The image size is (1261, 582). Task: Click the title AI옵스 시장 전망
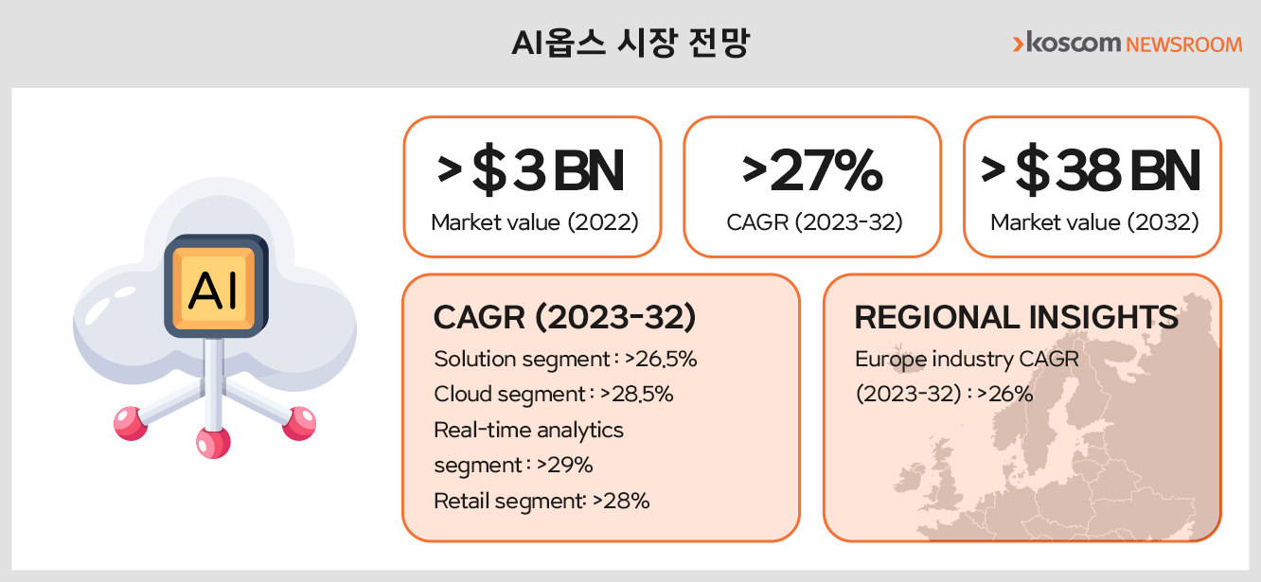coord(630,43)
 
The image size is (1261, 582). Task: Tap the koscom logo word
coord(1074,43)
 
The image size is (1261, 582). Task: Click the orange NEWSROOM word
coord(1184,44)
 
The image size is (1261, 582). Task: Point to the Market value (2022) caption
coord(535,222)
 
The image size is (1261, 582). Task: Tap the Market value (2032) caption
coord(1094,222)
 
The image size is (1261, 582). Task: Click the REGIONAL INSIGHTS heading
coord(1016,317)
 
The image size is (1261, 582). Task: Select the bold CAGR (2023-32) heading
coord(564,317)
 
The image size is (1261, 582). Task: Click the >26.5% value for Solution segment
coord(661,359)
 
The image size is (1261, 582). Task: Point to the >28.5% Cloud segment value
coord(636,394)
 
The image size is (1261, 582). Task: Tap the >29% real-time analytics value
coord(564,465)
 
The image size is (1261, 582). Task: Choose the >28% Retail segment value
coord(621,501)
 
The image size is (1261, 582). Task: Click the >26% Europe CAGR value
coord(1004,394)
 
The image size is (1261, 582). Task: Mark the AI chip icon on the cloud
coord(216,286)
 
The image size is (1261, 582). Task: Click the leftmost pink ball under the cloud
coord(131,423)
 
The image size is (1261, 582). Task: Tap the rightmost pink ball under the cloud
coord(299,423)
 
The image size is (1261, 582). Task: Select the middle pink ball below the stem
coord(213,443)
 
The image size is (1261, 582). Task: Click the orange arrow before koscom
coord(1018,44)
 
